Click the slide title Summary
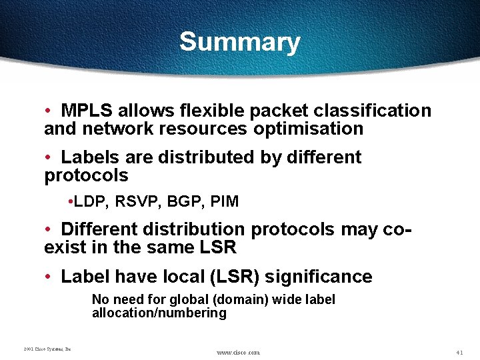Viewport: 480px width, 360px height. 239,42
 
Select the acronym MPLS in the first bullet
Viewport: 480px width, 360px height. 85,111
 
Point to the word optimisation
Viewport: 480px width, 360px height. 307,129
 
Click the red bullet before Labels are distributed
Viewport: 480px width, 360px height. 49,158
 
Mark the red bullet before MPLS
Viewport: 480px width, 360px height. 49,111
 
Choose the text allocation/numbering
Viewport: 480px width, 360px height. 159,313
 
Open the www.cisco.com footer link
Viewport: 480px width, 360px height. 239,352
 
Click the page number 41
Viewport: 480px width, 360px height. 459,351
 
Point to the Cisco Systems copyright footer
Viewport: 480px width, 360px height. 47,349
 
